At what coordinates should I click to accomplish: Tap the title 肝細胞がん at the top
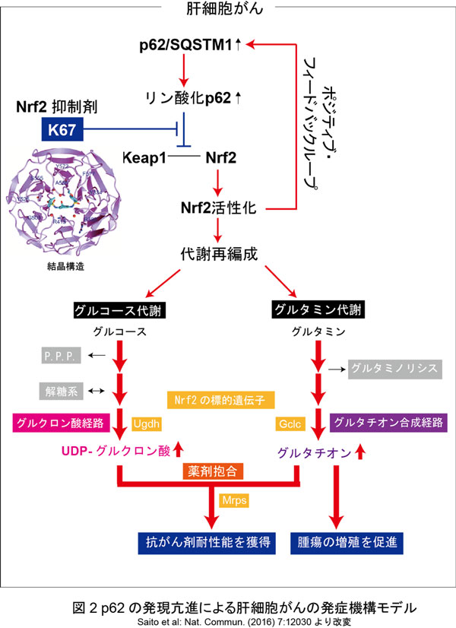click(228, 9)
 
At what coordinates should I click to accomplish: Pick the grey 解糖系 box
click(60, 392)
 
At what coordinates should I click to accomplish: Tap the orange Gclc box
click(290, 423)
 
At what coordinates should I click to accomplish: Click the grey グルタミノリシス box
click(393, 369)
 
